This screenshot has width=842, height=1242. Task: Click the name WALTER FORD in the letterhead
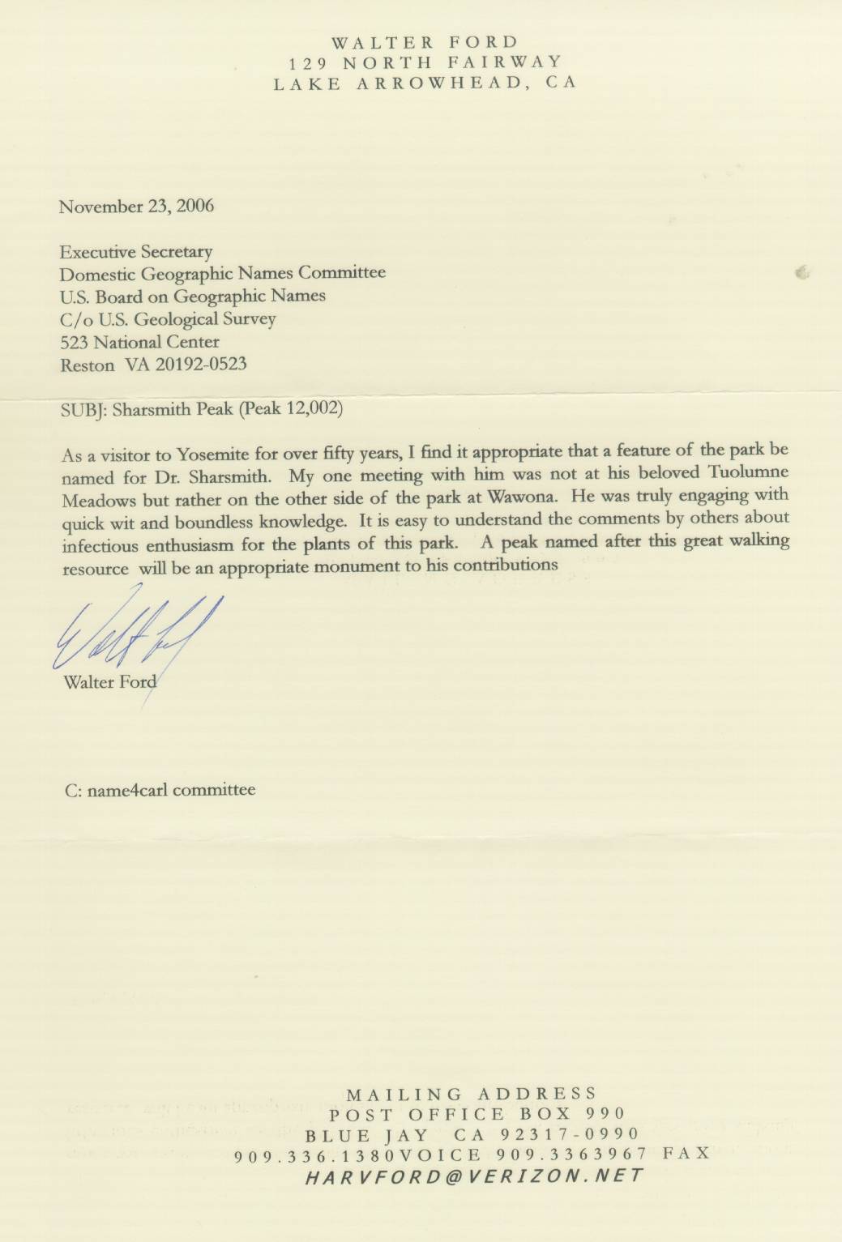pyautogui.click(x=424, y=42)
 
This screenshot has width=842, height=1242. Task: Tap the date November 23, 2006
pyautogui.click(x=136, y=206)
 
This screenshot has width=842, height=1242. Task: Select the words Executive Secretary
pyautogui.click(x=136, y=252)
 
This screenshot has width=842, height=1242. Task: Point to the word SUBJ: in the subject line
pyautogui.click(x=84, y=409)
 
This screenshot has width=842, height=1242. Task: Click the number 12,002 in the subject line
pyautogui.click(x=312, y=408)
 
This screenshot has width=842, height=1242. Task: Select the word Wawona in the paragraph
pyautogui.click(x=521, y=497)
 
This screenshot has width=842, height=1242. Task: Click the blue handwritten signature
pyautogui.click(x=134, y=630)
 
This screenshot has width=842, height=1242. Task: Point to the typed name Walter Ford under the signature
pyautogui.click(x=109, y=682)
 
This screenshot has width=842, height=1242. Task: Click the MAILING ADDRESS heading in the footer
pyautogui.click(x=471, y=1095)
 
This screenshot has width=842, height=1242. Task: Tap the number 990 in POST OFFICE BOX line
pyautogui.click(x=605, y=1114)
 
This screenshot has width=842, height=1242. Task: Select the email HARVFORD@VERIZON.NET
pyautogui.click(x=474, y=1176)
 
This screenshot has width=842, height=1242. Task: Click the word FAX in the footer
pyautogui.click(x=686, y=1152)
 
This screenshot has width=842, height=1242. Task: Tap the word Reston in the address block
pyautogui.click(x=88, y=365)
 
